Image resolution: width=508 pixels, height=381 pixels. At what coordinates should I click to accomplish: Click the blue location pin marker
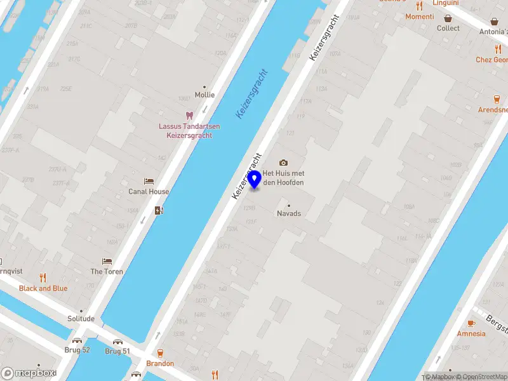pyautogui.click(x=255, y=180)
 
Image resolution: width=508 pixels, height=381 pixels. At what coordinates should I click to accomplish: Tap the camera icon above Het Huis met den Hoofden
pyautogui.click(x=283, y=163)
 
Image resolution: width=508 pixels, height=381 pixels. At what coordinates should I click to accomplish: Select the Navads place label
pyautogui.click(x=289, y=213)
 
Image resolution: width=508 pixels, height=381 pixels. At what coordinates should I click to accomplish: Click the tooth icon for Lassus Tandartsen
pyautogui.click(x=189, y=115)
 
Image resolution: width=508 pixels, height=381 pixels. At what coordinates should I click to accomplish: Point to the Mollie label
pyautogui.click(x=204, y=95)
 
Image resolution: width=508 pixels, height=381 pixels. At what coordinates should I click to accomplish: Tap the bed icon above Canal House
pyautogui.click(x=149, y=182)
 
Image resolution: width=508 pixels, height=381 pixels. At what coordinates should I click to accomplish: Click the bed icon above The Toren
pyautogui.click(x=107, y=262)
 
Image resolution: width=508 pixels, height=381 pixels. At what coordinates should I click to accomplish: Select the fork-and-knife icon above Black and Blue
pyautogui.click(x=43, y=277)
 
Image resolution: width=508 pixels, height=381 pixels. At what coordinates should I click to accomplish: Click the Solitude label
pyautogui.click(x=81, y=319)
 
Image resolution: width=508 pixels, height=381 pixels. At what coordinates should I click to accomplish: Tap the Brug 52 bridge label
pyautogui.click(x=77, y=351)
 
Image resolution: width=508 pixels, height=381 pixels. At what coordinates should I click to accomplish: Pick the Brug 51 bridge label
pyautogui.click(x=117, y=351)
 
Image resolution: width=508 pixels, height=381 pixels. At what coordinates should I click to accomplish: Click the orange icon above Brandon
pyautogui.click(x=160, y=352)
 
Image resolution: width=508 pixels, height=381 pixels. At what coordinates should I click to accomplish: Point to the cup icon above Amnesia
pyautogui.click(x=471, y=323)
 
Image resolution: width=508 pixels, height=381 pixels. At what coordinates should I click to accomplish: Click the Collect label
pyautogui.click(x=448, y=28)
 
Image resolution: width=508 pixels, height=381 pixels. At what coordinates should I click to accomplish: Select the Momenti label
pyautogui.click(x=420, y=17)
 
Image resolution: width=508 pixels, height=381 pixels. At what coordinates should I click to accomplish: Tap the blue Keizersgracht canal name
pyautogui.click(x=252, y=94)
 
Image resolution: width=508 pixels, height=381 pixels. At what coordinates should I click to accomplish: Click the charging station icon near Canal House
pyautogui.click(x=158, y=210)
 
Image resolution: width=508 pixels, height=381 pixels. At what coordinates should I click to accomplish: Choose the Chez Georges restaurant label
pyautogui.click(x=491, y=60)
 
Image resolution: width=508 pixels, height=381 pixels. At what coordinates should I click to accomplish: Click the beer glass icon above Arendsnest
pyautogui.click(x=497, y=99)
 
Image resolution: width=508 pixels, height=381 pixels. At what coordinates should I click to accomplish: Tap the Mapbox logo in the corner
pyautogui.click(x=29, y=373)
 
